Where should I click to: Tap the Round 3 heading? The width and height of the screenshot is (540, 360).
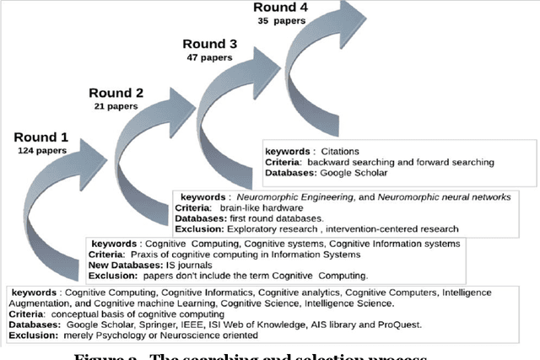(x=208, y=43)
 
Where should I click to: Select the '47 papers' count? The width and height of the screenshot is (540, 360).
(x=208, y=57)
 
